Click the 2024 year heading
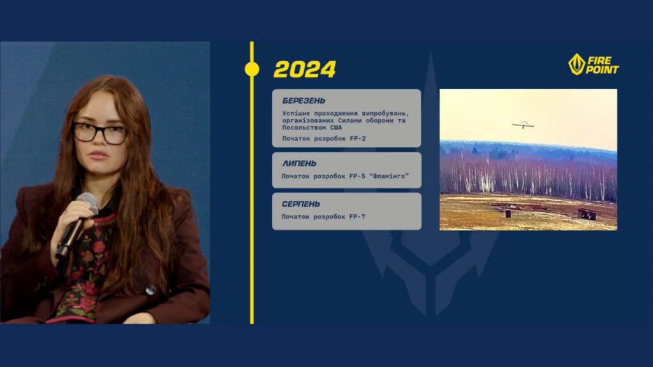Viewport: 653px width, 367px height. pos(304,69)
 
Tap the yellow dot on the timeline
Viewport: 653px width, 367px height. pos(252,69)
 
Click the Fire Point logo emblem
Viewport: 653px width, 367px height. pos(576,64)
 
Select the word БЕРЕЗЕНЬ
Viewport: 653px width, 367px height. pos(304,101)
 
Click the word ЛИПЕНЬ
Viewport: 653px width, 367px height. pos(299,164)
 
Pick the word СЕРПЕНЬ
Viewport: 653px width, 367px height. pos(301,204)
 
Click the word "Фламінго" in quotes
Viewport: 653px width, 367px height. pos(386,176)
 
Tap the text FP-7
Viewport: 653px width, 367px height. pos(356,217)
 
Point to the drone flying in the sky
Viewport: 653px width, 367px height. pos(522,124)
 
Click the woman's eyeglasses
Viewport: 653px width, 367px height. pos(99,133)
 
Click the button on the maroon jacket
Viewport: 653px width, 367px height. pos(150,289)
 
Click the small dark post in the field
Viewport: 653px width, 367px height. pos(508,213)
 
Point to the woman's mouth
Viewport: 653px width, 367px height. pos(98,155)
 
